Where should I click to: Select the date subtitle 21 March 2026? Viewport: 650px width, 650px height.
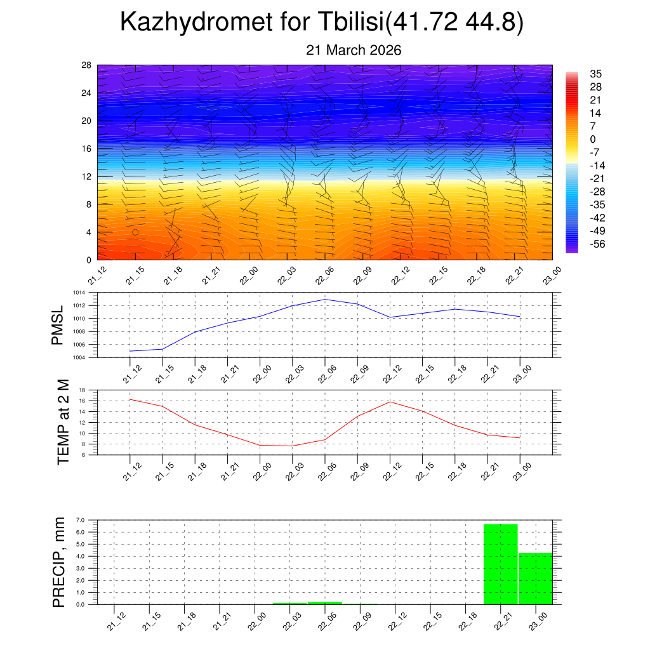coord(354,50)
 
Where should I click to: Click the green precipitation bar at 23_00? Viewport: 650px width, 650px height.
coord(535,578)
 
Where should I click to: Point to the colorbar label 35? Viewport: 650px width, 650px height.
coord(595,73)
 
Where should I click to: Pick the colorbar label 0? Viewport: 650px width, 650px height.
coord(593,139)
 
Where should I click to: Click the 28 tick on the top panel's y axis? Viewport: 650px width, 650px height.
coord(86,65)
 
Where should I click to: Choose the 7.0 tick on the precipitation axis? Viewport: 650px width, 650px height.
coord(81,520)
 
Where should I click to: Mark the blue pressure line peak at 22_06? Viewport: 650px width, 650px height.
coord(325,299)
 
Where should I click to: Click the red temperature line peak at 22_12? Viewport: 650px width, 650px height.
coord(390,402)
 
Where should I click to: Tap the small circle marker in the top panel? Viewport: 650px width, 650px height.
coord(135,232)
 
